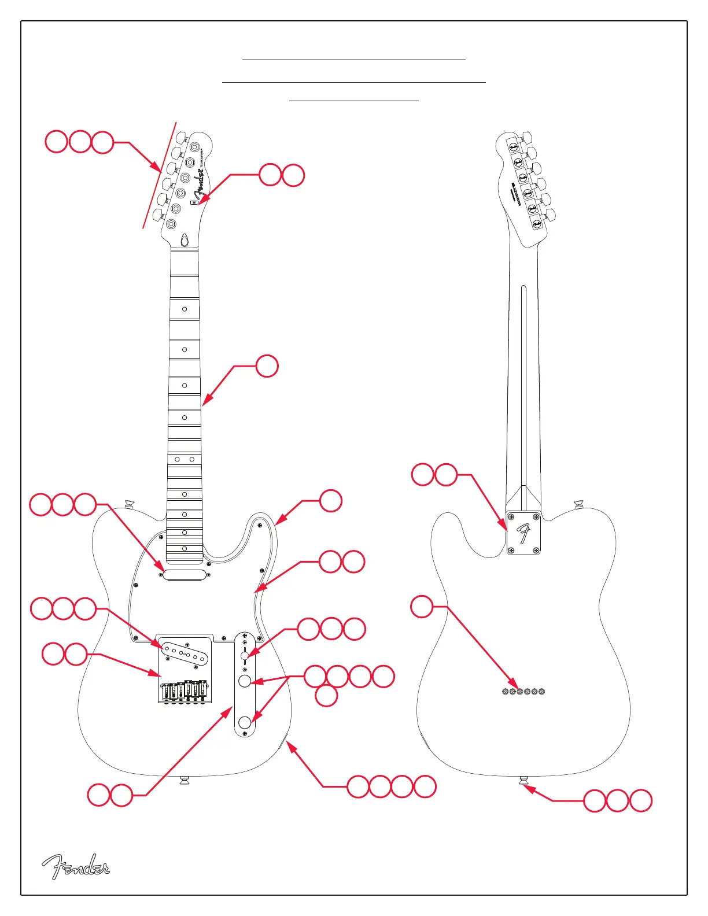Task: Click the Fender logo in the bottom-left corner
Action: pos(75,866)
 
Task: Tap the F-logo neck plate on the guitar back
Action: pos(523,533)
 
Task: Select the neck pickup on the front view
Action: pos(185,574)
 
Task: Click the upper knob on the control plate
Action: pos(245,681)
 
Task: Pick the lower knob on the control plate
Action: pos(245,721)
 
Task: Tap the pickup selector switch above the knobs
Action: pos(245,655)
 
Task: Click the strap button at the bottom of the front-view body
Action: pos(185,781)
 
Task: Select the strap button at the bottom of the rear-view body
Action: pos(523,781)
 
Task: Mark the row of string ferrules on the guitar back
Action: pos(523,691)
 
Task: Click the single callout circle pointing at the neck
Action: pos(267,366)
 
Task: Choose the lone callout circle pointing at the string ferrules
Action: pos(422,607)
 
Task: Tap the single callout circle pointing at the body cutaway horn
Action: pos(330,501)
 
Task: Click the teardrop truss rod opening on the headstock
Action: pos(184,240)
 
